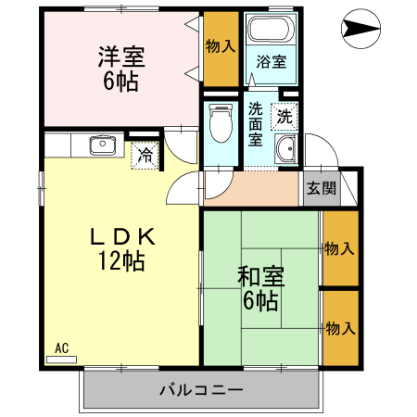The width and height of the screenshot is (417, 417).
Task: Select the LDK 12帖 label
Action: [121, 248]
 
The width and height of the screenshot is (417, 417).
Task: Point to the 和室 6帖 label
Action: [260, 287]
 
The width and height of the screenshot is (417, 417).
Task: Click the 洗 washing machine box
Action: [284, 117]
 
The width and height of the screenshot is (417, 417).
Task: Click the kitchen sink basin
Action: [101, 145]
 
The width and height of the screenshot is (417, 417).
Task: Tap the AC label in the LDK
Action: [62, 347]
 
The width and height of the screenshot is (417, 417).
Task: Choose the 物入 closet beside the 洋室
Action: [220, 47]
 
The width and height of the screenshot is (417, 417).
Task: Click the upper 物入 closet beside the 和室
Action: [339, 248]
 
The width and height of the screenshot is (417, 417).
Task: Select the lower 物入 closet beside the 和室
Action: [339, 328]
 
